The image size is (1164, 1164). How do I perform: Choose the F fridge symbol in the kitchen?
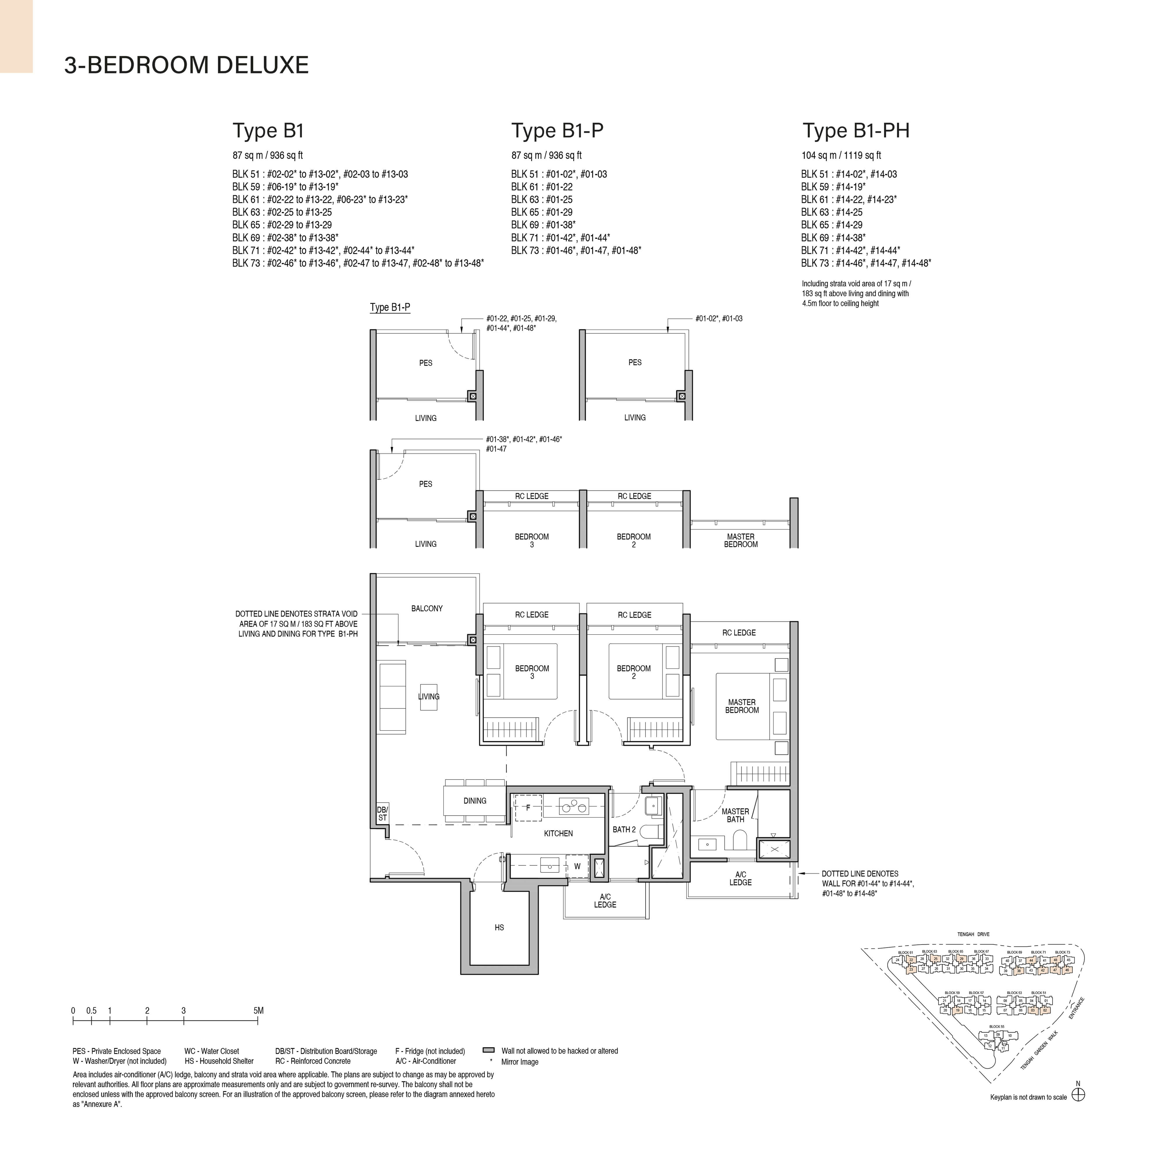click(528, 808)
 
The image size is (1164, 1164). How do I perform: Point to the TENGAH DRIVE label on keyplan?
click(974, 934)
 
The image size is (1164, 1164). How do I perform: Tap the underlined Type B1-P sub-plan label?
click(390, 307)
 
